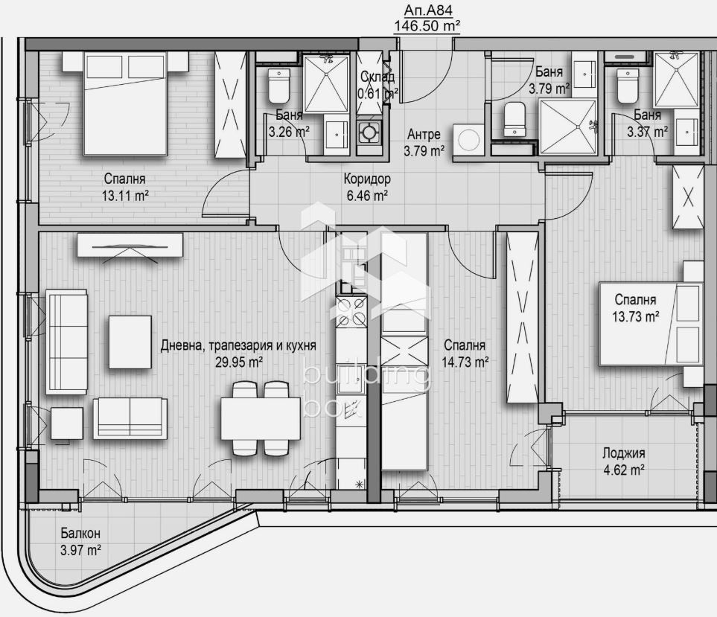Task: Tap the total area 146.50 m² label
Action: [427, 26]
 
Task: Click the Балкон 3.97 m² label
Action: [80, 542]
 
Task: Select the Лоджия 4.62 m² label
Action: [624, 461]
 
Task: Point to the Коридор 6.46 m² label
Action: [367, 188]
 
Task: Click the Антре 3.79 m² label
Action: [424, 143]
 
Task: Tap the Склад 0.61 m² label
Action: [377, 85]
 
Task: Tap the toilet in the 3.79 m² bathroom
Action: [515, 120]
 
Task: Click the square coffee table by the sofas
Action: [130, 342]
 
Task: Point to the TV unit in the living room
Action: [130, 245]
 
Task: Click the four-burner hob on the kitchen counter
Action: [351, 312]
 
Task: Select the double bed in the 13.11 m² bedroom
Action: [125, 103]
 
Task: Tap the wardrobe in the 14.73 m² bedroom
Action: [522, 318]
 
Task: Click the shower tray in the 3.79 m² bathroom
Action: [568, 127]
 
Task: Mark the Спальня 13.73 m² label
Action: [636, 308]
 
